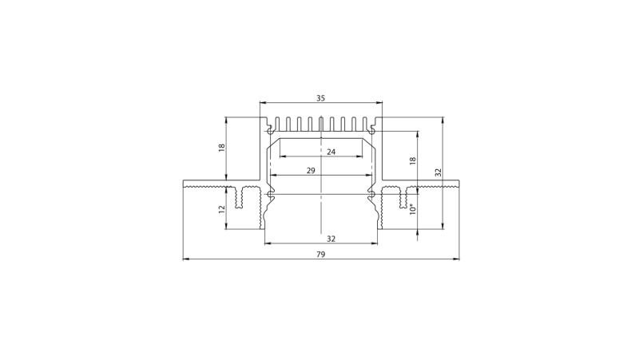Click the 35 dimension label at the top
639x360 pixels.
point(321,98)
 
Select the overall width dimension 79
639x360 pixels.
point(321,255)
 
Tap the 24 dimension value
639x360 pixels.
point(331,152)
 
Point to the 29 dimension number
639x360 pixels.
point(311,171)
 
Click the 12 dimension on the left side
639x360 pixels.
point(222,209)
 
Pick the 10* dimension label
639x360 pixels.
point(413,209)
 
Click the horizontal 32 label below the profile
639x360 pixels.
point(331,239)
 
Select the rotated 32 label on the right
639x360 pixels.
point(438,172)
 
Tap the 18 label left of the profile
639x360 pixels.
point(222,148)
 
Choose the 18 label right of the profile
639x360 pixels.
point(413,161)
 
